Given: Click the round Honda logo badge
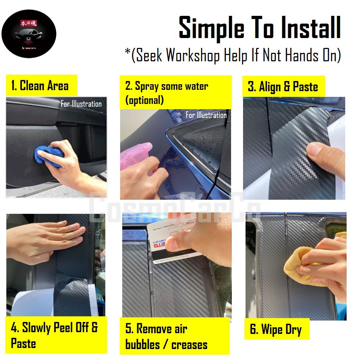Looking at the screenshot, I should (29, 34).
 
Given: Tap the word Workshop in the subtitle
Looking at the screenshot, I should (193, 55).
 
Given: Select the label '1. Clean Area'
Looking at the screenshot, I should (40, 86).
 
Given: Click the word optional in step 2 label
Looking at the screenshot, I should (145, 100).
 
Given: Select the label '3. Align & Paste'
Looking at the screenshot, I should (283, 87).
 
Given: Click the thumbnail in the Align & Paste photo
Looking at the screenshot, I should (317, 152).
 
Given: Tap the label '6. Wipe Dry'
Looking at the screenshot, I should (276, 330).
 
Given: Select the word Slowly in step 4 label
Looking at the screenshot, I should (37, 328).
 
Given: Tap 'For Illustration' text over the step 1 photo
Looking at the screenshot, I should (81, 104).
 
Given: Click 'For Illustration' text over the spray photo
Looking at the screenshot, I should (206, 115).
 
